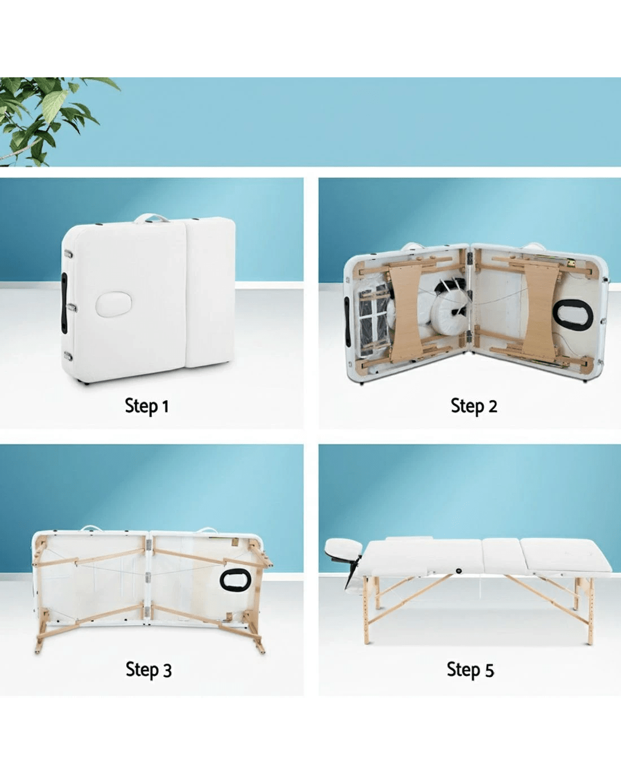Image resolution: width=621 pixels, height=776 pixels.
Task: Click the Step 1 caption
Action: (x=147, y=406)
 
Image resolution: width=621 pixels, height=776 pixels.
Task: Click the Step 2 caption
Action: (x=474, y=406)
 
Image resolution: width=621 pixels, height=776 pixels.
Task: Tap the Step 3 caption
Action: (x=148, y=670)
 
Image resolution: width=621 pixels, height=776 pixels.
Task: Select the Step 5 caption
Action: (x=470, y=670)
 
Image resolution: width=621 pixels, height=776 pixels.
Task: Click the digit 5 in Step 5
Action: (x=489, y=670)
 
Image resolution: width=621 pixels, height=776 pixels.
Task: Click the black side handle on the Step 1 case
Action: (x=64, y=302)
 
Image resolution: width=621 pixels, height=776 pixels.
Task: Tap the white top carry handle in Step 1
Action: (x=151, y=218)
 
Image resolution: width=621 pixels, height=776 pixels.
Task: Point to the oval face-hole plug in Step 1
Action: (x=113, y=304)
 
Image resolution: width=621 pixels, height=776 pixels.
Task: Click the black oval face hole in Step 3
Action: (x=235, y=580)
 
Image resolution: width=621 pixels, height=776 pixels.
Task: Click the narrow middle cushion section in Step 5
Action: (x=501, y=555)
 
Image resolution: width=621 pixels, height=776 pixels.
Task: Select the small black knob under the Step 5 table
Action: (x=459, y=571)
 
